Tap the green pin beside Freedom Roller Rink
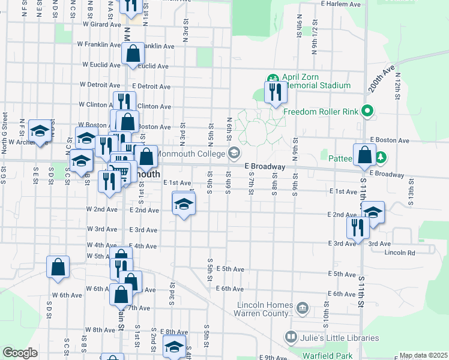pyautogui.click(x=369, y=111)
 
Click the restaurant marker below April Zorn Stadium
pyautogui.click(x=276, y=93)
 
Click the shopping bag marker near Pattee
pyautogui.click(x=364, y=156)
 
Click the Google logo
pyautogui.click(x=20, y=352)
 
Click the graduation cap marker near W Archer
pyautogui.click(x=40, y=131)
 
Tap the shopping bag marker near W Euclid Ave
pyautogui.click(x=133, y=54)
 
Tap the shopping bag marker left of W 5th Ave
pyautogui.click(x=58, y=268)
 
